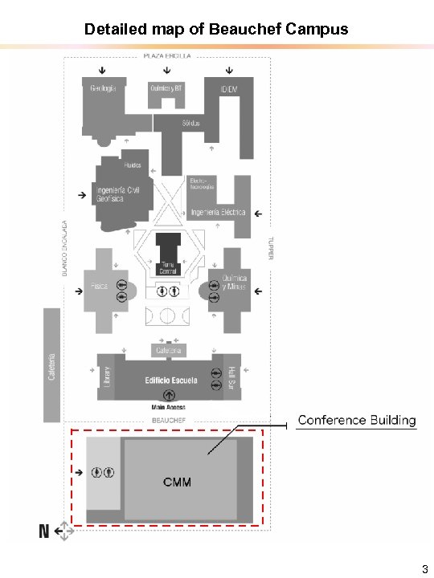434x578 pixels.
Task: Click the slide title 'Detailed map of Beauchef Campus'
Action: pos(216,30)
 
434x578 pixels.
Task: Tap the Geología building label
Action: pos(103,88)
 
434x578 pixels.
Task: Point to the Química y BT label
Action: pos(166,88)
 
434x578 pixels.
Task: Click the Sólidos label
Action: pos(190,123)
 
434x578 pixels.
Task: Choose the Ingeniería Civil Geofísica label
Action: pos(121,195)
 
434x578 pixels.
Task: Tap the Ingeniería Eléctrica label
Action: pos(218,213)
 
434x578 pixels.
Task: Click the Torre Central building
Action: pos(168,267)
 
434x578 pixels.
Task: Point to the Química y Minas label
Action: pos(235,283)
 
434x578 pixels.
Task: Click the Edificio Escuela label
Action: pos(171,381)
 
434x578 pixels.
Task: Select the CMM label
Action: pos(177,482)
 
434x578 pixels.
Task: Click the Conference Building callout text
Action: pos(357,421)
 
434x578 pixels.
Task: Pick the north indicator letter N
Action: pos(45,531)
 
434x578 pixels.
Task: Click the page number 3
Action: pos(424,569)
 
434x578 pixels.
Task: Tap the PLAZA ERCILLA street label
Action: pos(167,56)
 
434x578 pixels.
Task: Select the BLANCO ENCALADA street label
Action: pos(65,249)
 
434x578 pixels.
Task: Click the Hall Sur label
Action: pos(231,377)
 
